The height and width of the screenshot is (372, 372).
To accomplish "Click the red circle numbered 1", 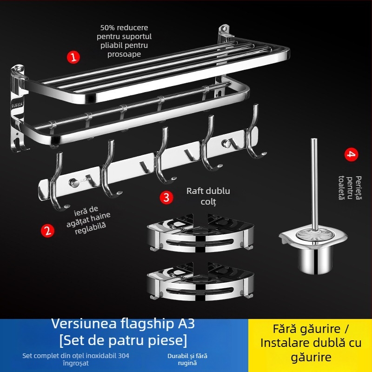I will (x=73, y=57).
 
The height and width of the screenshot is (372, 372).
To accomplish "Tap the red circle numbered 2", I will (x=47, y=230).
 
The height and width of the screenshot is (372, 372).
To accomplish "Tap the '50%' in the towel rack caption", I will (x=108, y=27).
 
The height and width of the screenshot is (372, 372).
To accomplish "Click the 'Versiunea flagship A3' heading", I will (x=123, y=323).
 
